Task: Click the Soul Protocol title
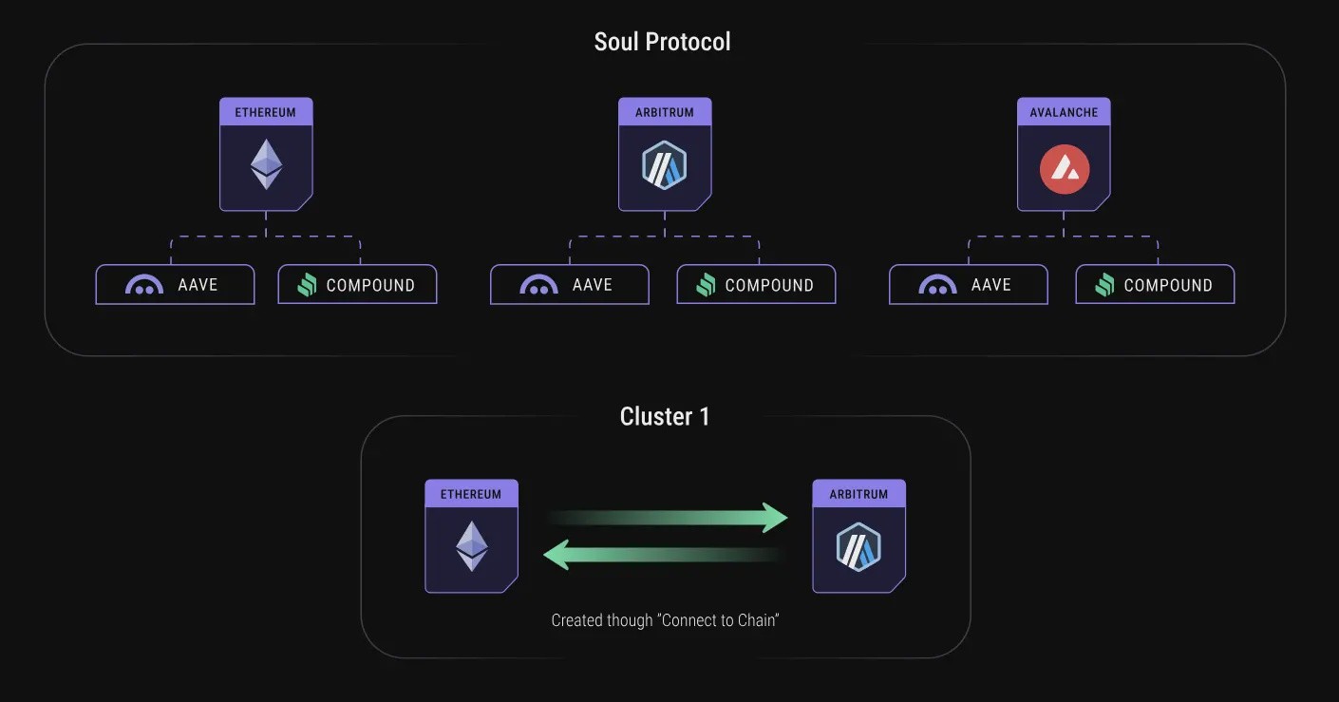(662, 42)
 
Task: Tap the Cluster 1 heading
(665, 416)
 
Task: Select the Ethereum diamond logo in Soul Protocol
(266, 164)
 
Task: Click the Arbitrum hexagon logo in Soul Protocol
(664, 165)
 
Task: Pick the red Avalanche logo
(1064, 169)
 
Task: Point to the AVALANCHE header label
(1064, 112)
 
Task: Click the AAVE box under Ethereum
(175, 285)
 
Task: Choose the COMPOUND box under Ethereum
(357, 285)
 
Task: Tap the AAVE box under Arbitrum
(570, 285)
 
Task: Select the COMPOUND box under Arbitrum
(756, 285)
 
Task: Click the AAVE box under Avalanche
(969, 285)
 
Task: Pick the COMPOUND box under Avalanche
(1155, 285)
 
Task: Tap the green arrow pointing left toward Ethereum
(664, 555)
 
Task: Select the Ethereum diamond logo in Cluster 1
(472, 546)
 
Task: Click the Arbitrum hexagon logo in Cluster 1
(858, 547)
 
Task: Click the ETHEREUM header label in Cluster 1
(471, 495)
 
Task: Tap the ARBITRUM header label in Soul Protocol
(665, 112)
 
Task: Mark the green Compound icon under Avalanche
(1104, 285)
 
